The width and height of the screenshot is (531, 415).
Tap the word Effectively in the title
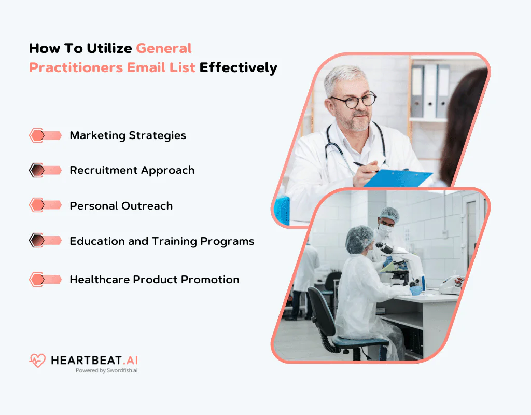pos(238,67)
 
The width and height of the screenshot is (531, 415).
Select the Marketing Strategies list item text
pos(128,135)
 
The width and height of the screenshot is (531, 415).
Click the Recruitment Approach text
pos(132,170)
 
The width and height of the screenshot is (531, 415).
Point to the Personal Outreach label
pos(121,205)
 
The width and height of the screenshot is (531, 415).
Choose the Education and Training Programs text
pos(162,241)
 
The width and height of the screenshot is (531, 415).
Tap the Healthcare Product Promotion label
pos(155,279)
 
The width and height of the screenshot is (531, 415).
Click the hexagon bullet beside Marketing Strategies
pos(37,135)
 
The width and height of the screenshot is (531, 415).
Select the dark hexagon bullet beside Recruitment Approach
pos(37,170)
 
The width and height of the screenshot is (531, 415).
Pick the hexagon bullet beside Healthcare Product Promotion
pos(37,279)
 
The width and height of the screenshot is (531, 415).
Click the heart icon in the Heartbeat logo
pos(37,361)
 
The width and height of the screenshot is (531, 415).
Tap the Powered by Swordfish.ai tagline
pos(106,371)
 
